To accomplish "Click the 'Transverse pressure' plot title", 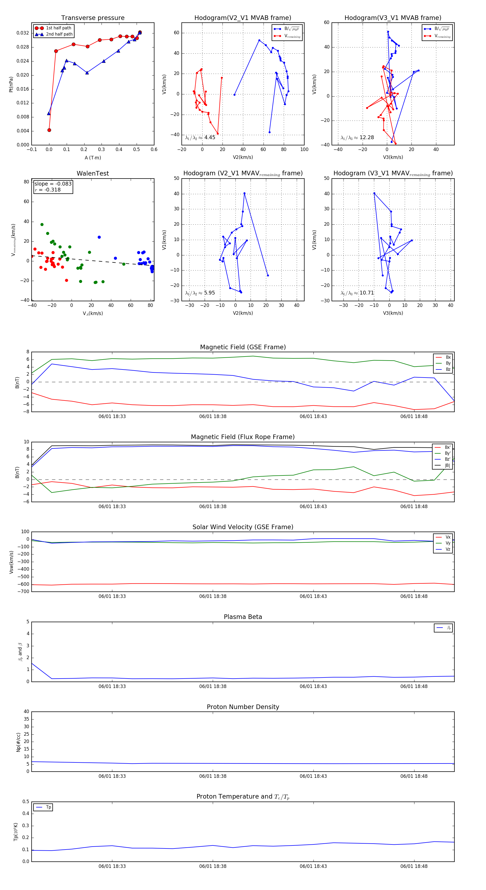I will coord(93,18).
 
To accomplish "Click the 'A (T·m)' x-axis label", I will coord(93,158).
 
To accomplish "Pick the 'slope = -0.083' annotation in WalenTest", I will coord(53,184).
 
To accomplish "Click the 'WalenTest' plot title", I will coord(93,173).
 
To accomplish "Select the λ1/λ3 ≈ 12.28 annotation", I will coord(357,138).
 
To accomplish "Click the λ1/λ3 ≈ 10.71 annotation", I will coord(357,293).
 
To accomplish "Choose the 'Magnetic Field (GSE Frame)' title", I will coord(243,347).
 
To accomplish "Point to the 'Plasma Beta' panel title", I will coord(243,617).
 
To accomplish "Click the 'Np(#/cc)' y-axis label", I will coord(19,742).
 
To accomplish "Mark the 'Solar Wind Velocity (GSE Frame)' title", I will coord(243,527).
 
